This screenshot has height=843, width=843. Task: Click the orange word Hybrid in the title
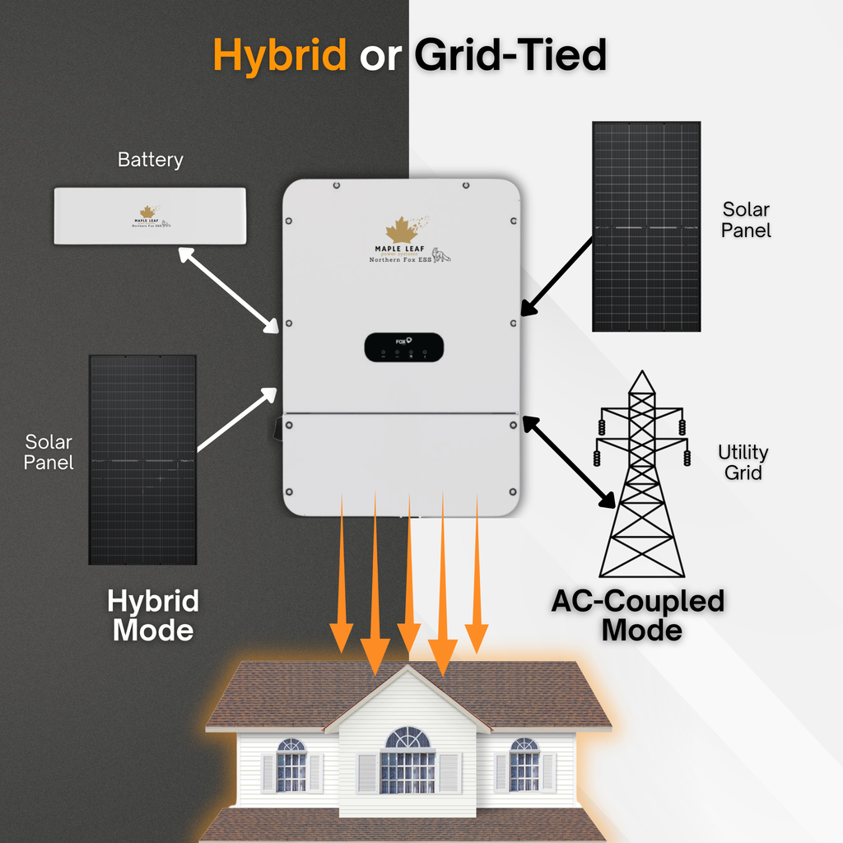280,56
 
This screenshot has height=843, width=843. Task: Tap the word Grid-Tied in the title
510,56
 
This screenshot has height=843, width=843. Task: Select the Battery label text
150,160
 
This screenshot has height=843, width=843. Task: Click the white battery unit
150,216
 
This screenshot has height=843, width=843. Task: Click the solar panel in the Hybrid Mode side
142,459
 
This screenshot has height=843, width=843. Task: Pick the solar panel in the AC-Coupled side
646,226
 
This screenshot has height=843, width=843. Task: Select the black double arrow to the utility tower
568,461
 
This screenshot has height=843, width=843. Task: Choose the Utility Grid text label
743,462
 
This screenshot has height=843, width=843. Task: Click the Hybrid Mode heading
153,615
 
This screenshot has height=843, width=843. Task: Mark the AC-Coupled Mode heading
638,615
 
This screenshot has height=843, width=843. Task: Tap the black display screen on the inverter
403,347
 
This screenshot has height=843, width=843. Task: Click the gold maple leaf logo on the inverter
402,230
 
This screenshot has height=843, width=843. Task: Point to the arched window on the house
408,738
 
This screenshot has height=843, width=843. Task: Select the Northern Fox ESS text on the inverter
402,259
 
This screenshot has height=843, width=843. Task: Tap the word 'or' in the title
380,56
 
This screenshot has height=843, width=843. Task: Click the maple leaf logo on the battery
147,212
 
